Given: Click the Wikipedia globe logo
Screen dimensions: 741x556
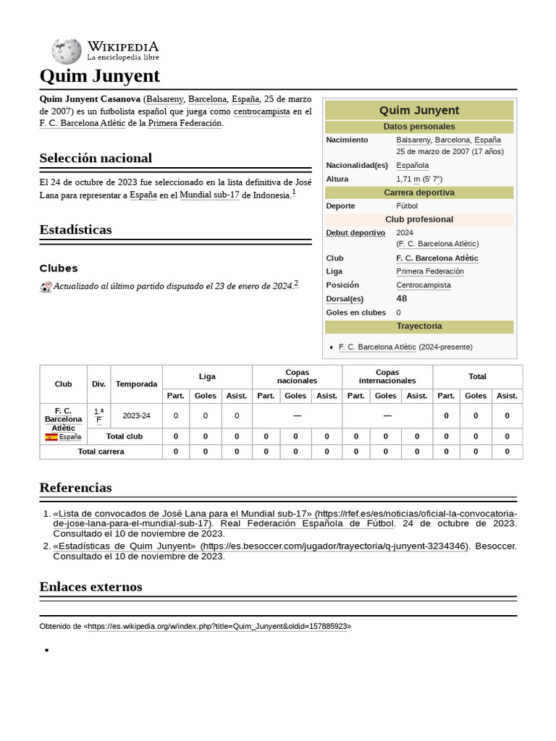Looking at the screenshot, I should (x=66, y=51).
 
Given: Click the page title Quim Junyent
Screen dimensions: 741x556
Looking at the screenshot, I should (x=99, y=76).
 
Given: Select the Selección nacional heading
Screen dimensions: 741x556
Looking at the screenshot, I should (x=96, y=158).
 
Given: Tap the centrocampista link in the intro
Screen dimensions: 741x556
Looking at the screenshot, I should (x=261, y=111).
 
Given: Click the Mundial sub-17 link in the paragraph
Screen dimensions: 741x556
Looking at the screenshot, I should (x=209, y=195).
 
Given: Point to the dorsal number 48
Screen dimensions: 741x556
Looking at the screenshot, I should (x=402, y=298).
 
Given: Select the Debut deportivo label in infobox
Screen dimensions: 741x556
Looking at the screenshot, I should (x=355, y=233).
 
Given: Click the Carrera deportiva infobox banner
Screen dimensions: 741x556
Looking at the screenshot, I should (x=418, y=192).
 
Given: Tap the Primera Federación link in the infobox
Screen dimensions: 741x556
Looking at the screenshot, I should (x=430, y=271).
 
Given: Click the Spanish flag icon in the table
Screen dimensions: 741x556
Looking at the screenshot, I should (x=51, y=437).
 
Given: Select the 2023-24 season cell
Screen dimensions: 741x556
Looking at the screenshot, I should (x=136, y=415).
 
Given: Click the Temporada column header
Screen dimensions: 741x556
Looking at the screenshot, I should (x=136, y=384).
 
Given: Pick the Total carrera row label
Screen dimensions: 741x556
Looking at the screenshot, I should (x=101, y=452).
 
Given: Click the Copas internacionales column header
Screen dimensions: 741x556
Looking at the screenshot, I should (x=387, y=376).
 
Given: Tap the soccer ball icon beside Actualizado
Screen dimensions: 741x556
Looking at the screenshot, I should (x=46, y=287).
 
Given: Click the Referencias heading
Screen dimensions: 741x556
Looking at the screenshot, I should (x=76, y=487).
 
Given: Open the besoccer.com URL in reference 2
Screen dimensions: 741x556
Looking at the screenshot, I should (x=334, y=546).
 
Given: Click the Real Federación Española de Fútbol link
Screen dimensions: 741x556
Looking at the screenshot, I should (x=307, y=523).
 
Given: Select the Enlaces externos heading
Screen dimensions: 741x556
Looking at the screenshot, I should (x=90, y=586).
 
